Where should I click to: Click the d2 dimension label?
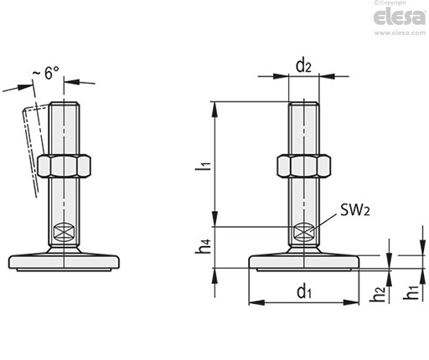click(x=303, y=66)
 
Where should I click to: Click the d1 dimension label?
click(x=304, y=292)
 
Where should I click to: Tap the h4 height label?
click(x=203, y=246)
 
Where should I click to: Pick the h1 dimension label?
click(x=411, y=292)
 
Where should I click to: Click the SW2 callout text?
click(x=355, y=210)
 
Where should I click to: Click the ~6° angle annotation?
click(x=46, y=73)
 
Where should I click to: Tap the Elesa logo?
click(x=400, y=17)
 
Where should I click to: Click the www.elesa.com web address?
click(x=400, y=33)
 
